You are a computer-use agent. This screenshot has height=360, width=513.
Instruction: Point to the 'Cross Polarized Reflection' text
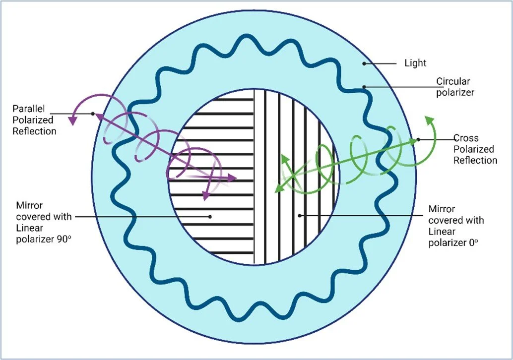click(475, 149)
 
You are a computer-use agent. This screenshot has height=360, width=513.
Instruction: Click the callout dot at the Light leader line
click(364, 63)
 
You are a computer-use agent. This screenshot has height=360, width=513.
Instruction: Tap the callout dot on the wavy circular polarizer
click(364, 87)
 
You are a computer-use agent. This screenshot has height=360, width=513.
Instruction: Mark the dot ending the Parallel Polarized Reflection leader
click(93, 114)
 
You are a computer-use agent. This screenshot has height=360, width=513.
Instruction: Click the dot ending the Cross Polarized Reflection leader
click(418, 139)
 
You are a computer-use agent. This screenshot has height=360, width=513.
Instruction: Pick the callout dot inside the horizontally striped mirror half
click(210, 217)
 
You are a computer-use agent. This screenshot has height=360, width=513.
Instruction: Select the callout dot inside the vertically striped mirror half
click(300, 216)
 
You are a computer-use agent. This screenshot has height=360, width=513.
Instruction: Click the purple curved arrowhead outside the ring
click(73, 120)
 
